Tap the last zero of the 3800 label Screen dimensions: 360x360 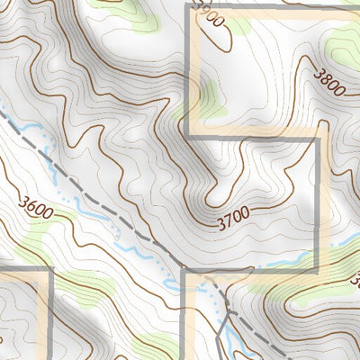click(x=339, y=94)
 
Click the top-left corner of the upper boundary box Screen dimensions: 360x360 click(x=187, y=6)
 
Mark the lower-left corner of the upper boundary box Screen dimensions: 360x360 click(x=187, y=137)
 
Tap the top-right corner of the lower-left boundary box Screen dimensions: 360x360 click(x=50, y=269)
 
